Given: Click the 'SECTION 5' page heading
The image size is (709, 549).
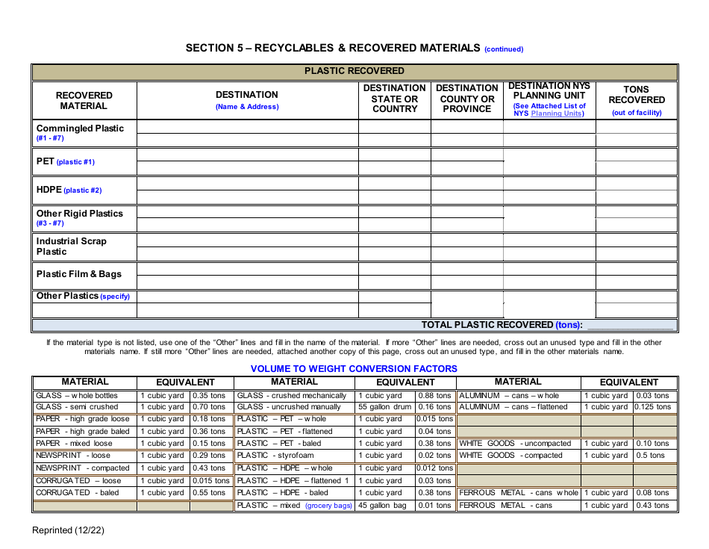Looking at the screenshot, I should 332,48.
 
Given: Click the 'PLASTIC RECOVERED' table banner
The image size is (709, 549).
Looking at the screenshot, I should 354,71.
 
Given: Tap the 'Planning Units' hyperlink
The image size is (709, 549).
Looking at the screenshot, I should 557,114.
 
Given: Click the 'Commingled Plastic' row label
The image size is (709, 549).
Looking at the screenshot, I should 80,128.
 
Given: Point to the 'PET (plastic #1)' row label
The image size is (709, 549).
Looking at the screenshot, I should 66,161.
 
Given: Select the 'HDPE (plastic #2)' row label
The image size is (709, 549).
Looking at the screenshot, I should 69,190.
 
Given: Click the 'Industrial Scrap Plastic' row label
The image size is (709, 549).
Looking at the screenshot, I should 72,246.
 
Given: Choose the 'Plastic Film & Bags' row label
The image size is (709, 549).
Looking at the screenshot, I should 78,274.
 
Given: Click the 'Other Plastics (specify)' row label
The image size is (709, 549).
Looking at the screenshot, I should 83,296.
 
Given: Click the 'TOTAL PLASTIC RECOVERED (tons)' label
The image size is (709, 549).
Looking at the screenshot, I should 502,325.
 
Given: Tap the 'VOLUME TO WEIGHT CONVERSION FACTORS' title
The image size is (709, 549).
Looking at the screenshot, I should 354,368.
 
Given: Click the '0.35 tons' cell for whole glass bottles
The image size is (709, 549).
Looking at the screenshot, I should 208,395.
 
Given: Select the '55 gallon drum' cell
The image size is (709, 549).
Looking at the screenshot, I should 384,407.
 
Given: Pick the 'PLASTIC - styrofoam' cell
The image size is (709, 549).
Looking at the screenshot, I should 275,456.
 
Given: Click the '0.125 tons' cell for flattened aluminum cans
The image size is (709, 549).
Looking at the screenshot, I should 652,407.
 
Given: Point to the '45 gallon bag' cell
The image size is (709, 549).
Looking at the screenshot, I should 382,506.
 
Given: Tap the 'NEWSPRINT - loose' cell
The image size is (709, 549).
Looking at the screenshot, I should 73,456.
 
